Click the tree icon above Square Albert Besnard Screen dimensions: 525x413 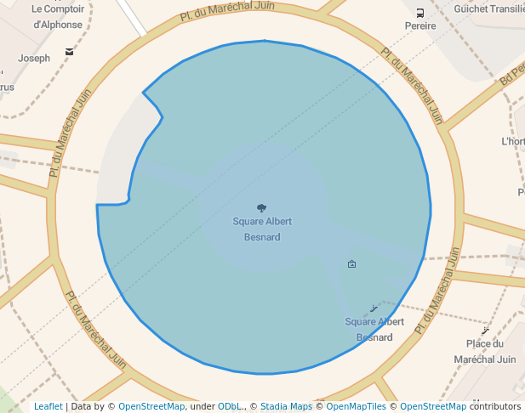[x=261, y=207]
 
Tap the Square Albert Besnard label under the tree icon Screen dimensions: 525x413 [x=262, y=229]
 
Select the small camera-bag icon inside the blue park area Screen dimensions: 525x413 [x=352, y=264]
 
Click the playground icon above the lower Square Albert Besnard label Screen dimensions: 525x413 [x=373, y=308]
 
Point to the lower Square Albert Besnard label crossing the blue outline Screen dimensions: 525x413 [x=374, y=329]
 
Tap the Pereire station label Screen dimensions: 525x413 [x=420, y=25]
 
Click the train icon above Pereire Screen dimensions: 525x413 [x=420, y=12]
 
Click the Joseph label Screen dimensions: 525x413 [x=34, y=59]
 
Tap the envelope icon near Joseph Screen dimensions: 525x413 [x=69, y=52]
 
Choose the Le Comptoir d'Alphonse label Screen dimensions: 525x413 [x=58, y=16]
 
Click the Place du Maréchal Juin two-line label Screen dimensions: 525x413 [x=491, y=351]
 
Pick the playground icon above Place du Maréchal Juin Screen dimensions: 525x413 [x=486, y=329]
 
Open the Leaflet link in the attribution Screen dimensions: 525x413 [x=48, y=406]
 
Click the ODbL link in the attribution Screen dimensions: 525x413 [x=229, y=406]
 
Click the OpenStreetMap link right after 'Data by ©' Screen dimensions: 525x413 [x=151, y=406]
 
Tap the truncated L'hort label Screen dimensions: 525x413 [x=513, y=141]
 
